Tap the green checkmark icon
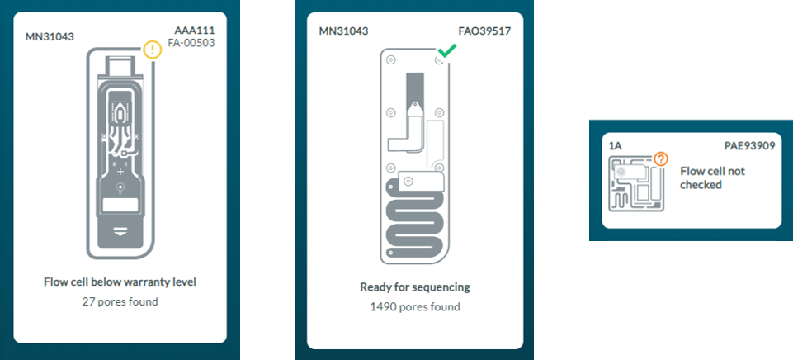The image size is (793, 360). (446, 51)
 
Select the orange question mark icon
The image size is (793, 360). (661, 159)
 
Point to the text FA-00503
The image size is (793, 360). (191, 42)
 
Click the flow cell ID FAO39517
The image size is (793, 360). (484, 31)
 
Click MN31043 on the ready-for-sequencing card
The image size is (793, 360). (343, 31)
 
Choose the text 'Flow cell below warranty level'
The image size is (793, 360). (120, 282)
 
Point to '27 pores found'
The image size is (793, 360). (120, 301)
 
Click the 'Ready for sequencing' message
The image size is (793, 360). (414, 287)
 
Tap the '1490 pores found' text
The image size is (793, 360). (414, 306)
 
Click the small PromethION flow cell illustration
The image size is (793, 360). (636, 184)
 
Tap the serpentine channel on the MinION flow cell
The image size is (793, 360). (415, 223)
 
